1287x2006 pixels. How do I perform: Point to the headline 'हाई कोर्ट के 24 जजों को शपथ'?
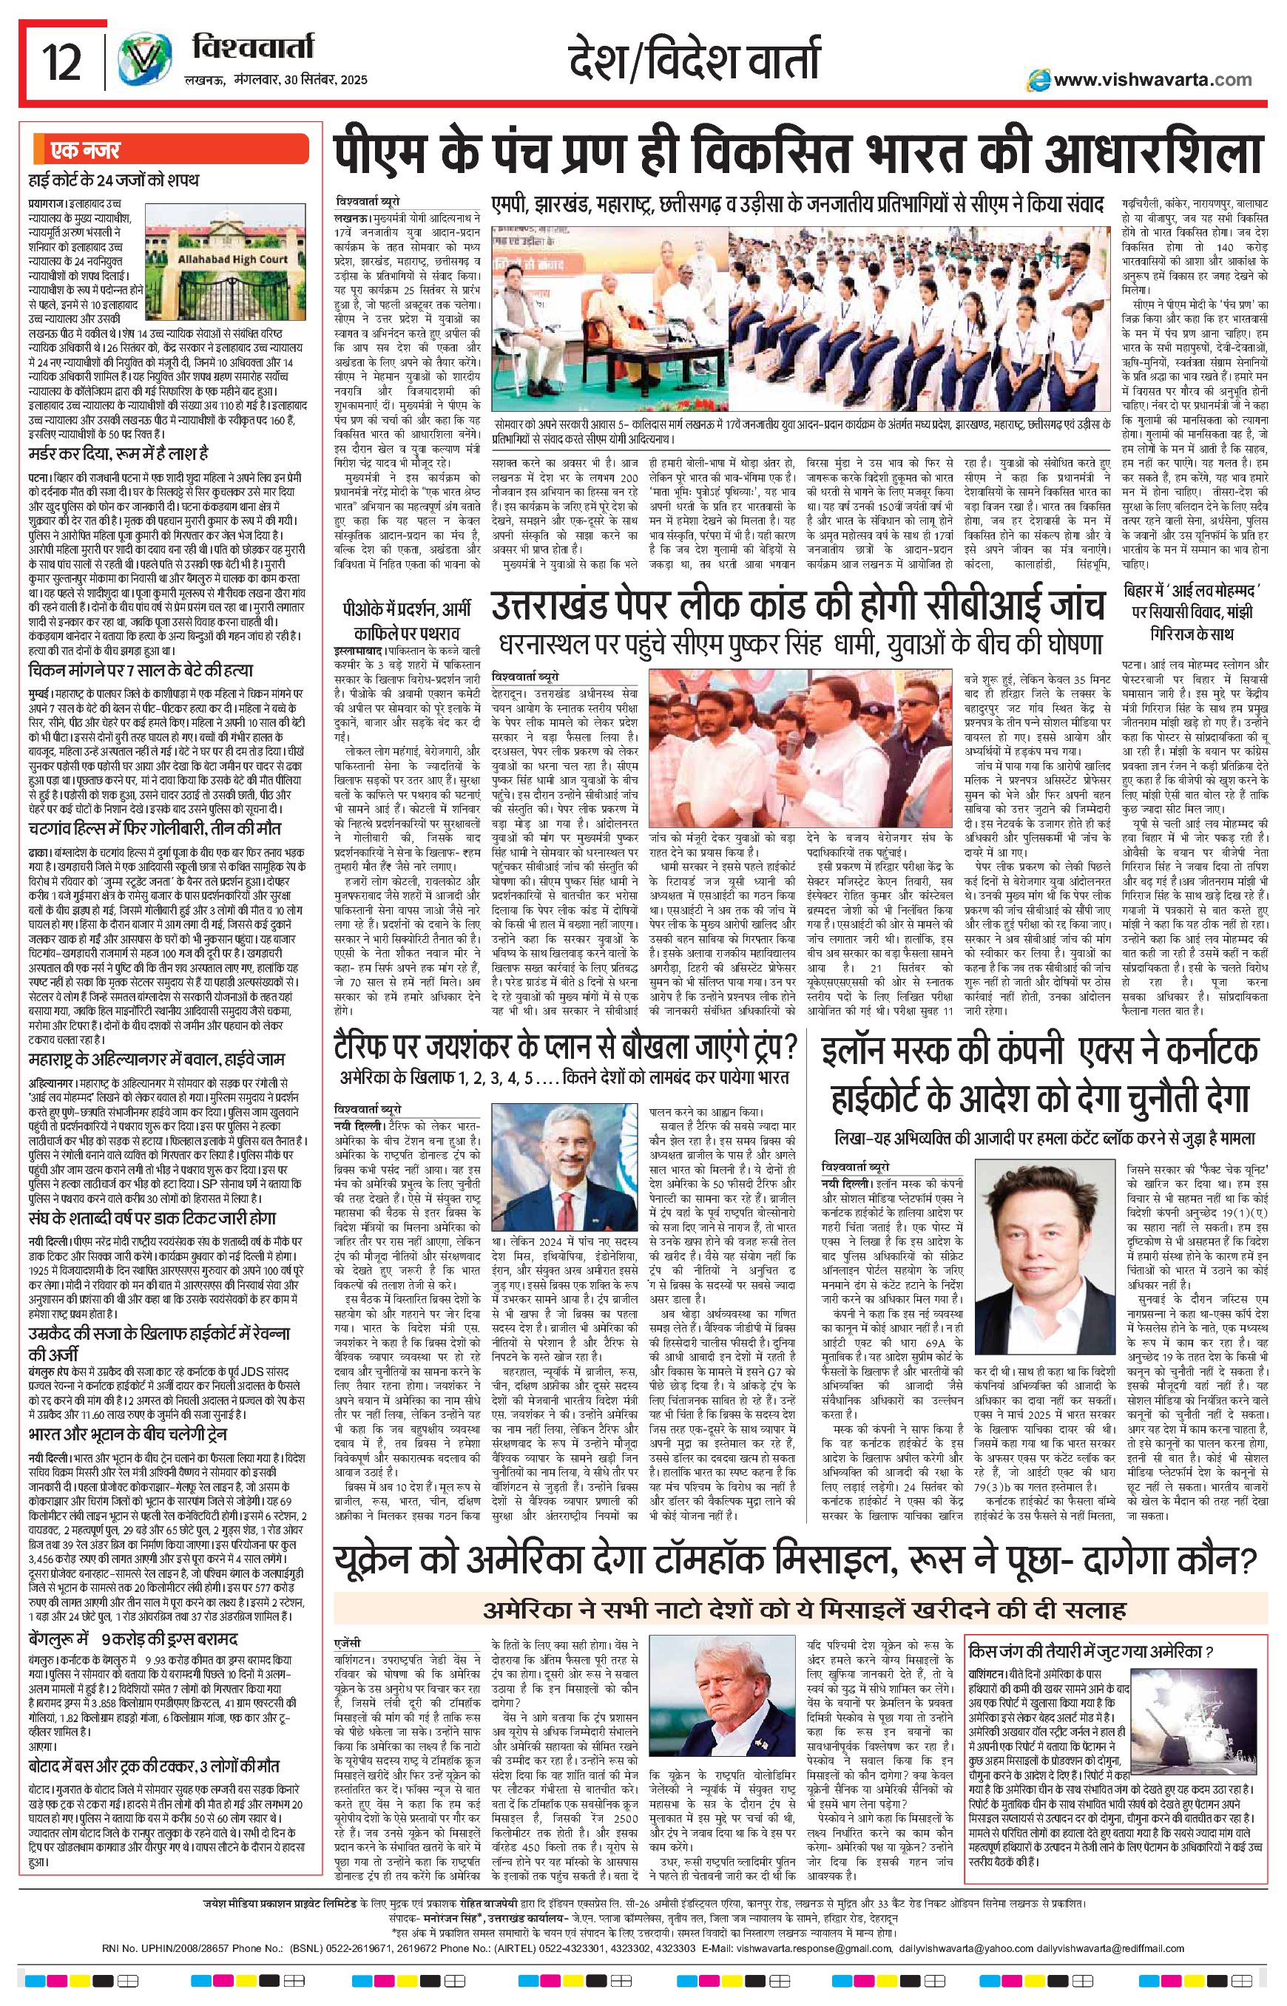point(114,180)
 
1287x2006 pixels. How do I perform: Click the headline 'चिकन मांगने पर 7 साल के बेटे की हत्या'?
point(141,670)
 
